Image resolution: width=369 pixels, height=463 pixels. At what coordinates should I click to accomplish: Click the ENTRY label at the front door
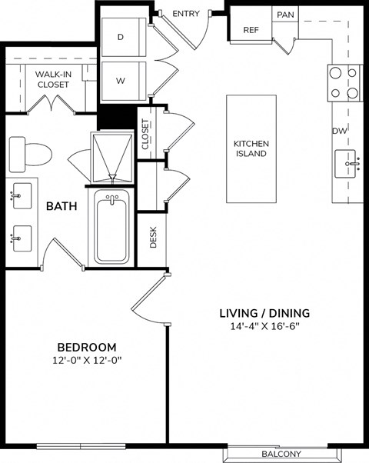[186, 14]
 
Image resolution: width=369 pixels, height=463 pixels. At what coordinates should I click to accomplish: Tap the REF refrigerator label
[251, 30]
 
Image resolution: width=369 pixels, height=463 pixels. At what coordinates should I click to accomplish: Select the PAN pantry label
[285, 15]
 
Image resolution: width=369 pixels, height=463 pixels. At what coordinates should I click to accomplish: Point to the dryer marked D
[124, 37]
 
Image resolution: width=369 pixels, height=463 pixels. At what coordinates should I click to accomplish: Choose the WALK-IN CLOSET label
[54, 79]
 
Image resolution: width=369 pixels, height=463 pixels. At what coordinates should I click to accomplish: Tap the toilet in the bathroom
[31, 154]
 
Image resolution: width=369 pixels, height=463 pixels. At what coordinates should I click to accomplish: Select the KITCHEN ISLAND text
[251, 148]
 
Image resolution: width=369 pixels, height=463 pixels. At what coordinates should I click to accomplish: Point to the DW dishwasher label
[340, 131]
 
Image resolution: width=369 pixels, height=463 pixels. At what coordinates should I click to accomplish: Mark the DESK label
[153, 237]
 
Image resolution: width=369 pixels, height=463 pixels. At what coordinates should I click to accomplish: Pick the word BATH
[61, 206]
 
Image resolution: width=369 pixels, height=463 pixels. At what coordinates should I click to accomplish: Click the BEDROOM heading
[87, 348]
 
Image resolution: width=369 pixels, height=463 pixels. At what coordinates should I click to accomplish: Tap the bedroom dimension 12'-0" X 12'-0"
[87, 361]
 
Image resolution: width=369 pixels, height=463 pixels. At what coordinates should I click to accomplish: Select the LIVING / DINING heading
[264, 313]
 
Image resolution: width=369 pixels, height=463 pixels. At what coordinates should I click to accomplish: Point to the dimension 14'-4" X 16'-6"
[264, 326]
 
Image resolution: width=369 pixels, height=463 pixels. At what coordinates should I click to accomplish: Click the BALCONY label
[281, 454]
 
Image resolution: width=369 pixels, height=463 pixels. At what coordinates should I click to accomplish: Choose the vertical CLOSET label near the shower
[145, 134]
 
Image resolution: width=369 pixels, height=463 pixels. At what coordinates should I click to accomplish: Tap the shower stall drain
[112, 178]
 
